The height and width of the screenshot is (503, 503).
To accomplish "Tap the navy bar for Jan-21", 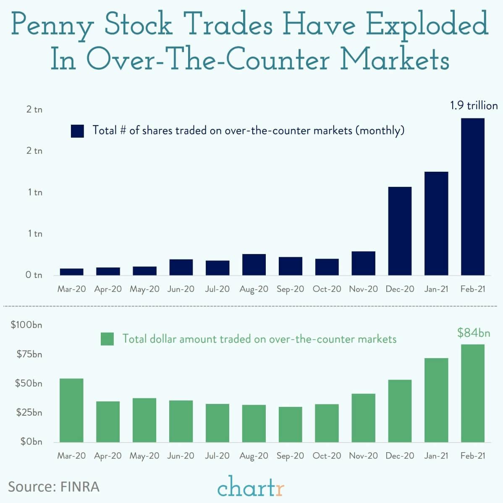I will (436, 223).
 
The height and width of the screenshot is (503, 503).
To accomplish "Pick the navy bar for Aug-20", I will (254, 265).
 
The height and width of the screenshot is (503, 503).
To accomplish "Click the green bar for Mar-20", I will (71, 410).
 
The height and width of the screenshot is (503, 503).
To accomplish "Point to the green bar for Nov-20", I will (363, 418).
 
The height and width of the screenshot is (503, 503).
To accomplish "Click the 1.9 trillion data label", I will (474, 105).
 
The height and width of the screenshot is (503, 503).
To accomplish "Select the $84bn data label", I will (474, 333).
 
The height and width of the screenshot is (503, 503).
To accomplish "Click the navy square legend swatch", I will (78, 131).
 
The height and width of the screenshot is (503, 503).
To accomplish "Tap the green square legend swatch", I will (107, 339).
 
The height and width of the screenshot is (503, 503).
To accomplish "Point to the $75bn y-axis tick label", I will (29, 354).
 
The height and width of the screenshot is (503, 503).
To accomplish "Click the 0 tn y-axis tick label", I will (34, 275).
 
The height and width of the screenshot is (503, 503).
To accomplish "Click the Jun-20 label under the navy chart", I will (181, 289).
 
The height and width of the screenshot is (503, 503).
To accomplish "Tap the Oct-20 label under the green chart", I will (327, 456).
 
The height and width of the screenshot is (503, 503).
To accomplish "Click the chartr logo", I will (251, 487).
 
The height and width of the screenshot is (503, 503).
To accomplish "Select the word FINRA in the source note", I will (80, 487).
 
